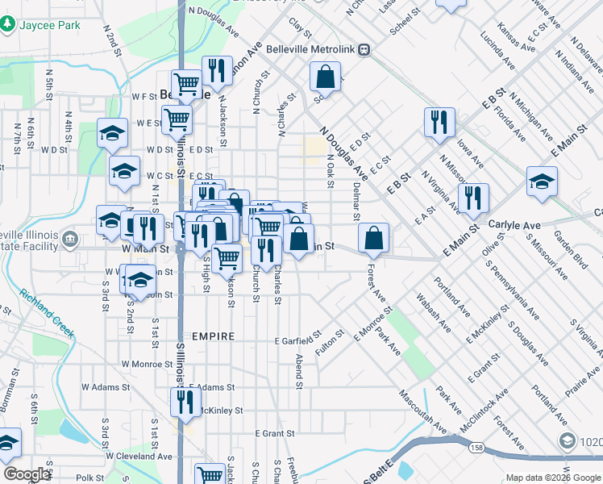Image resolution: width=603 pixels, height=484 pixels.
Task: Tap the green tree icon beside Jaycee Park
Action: coord(7,25)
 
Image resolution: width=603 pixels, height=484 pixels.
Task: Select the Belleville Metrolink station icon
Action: coord(364,48)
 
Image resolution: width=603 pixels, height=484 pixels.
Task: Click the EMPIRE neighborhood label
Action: coord(213,336)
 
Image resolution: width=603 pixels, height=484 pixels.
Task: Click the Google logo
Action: coord(27,474)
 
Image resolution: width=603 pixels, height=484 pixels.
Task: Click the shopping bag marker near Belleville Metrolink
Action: coord(325,77)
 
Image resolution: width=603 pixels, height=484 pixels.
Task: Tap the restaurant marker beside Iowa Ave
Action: coord(439,122)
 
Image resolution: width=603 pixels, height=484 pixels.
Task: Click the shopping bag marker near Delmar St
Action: coord(374,237)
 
